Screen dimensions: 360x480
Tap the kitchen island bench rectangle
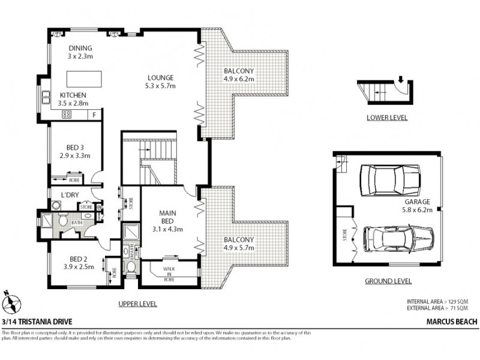pos(83,79)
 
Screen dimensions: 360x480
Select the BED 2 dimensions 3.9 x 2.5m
pos(79,267)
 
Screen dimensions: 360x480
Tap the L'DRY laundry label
pos(71,194)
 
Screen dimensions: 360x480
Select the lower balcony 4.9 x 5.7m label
pos(239,243)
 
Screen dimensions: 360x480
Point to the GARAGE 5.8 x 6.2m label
pos(422,206)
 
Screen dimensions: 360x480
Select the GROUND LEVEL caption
pos(388,281)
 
